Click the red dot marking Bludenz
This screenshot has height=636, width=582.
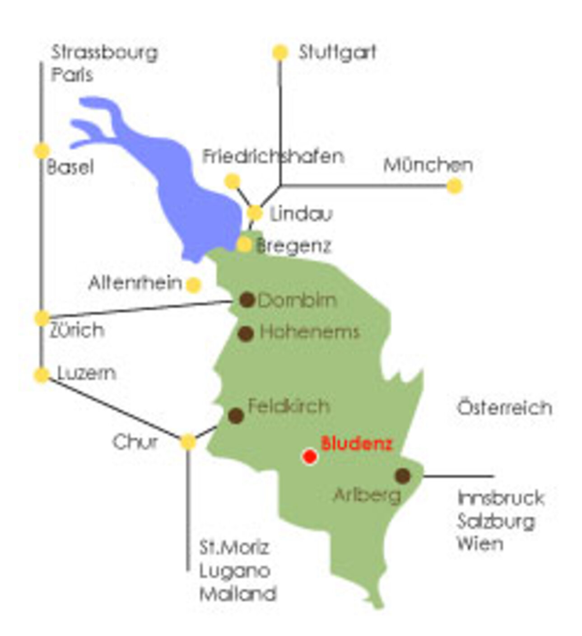(x=310, y=456)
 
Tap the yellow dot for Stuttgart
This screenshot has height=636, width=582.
(x=280, y=52)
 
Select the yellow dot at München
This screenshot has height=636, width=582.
(x=455, y=186)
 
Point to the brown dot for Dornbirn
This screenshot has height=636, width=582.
(x=247, y=299)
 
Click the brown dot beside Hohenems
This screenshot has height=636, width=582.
(x=246, y=334)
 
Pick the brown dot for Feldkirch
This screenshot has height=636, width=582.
(x=236, y=416)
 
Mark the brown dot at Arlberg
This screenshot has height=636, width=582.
(x=403, y=475)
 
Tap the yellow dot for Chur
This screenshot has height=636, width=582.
(x=188, y=441)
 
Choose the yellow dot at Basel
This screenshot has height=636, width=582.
(x=42, y=150)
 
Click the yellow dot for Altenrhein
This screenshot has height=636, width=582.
(x=193, y=285)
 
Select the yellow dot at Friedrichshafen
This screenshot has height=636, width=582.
(x=233, y=181)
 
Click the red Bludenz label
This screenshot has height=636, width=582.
(x=356, y=444)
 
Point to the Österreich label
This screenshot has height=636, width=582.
(x=504, y=408)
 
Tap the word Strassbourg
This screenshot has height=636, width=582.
(x=104, y=52)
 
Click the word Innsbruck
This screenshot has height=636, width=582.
(x=501, y=498)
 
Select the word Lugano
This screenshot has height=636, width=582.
(x=235, y=571)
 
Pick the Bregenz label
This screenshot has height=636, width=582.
(x=293, y=246)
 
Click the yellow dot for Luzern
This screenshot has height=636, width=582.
(x=42, y=375)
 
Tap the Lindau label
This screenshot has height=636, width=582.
(x=301, y=214)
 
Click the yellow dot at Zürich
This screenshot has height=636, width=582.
(x=42, y=318)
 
